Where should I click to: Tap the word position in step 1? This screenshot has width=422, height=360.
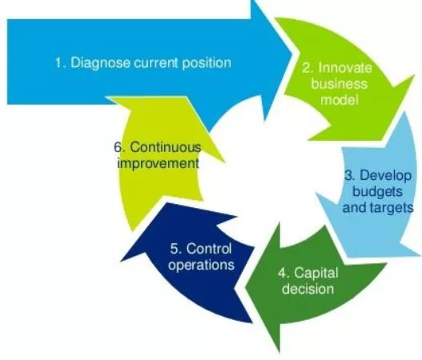point(207,63)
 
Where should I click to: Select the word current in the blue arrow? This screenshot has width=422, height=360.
point(156,63)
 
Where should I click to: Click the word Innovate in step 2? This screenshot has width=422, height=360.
point(345,68)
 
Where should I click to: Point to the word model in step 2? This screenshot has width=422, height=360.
point(340,100)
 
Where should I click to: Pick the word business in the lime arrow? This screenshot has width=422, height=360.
point(340,84)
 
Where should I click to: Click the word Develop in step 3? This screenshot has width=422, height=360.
point(385,176)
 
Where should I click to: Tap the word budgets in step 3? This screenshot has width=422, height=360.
point(378,192)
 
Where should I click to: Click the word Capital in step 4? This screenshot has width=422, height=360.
point(316,273)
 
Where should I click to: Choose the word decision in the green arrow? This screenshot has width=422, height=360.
point(308,289)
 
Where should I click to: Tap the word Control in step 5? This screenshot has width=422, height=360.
point(209,249)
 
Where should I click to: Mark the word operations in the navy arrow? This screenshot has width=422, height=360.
point(201,265)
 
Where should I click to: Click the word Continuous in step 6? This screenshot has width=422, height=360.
point(166,147)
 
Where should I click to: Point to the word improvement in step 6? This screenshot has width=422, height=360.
point(159,164)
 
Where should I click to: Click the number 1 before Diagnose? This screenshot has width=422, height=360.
point(59,63)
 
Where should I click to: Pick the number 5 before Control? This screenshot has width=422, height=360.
point(175,249)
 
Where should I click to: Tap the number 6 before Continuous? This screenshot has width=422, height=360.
point(119,147)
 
